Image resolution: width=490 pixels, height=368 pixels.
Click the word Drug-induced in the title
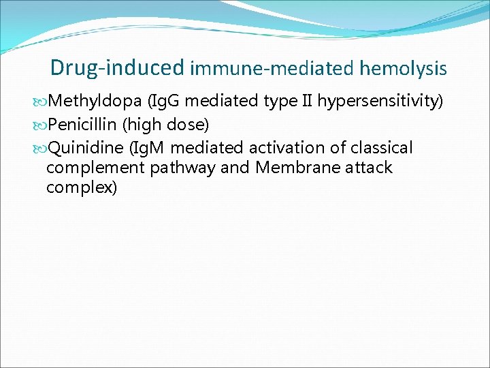pyautogui.click(x=117, y=67)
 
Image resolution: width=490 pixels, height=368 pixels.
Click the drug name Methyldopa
pyautogui.click(x=95, y=102)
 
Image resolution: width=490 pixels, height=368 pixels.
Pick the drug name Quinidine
pyautogui.click(x=86, y=148)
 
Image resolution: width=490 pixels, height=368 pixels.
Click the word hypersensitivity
pyautogui.click(x=380, y=102)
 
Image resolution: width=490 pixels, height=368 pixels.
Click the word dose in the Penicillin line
pyautogui.click(x=185, y=125)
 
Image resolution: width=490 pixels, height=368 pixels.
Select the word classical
pyautogui.click(x=382, y=148)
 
